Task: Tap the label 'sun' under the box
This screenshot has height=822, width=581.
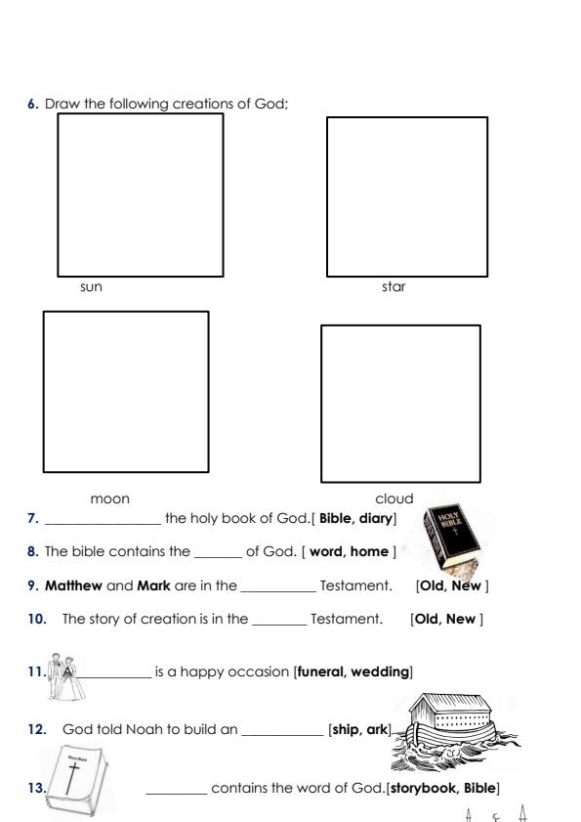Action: pyautogui.click(x=91, y=287)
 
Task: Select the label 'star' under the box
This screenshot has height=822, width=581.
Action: pyautogui.click(x=394, y=287)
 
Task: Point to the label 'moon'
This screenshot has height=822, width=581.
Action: pyautogui.click(x=109, y=498)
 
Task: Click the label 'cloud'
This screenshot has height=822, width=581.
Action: pyautogui.click(x=394, y=498)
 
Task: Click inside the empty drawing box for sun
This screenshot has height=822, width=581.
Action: pyautogui.click(x=140, y=195)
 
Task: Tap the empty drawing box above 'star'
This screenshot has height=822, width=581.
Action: pyautogui.click(x=406, y=195)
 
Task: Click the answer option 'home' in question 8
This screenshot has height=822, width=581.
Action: pyautogui.click(x=369, y=552)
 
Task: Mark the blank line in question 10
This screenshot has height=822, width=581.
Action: pyautogui.click(x=278, y=620)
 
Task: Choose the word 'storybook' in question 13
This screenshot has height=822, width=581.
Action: pyautogui.click(x=422, y=788)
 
